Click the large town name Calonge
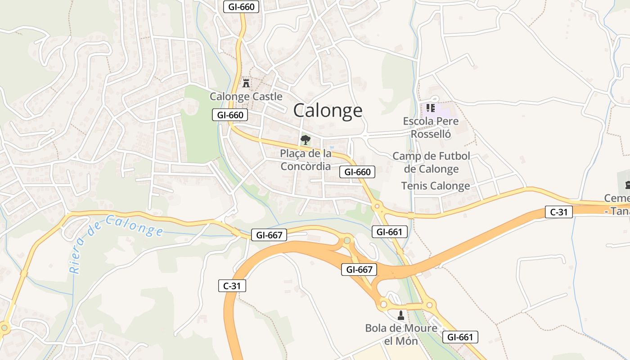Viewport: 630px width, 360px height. [x=328, y=110]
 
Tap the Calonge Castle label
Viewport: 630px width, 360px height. [x=246, y=96]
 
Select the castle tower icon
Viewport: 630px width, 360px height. [x=246, y=83]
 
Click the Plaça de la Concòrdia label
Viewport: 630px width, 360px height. [x=306, y=160]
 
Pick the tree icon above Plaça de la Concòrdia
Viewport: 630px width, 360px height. [x=306, y=139]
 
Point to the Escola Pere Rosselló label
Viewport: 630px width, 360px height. [x=431, y=127]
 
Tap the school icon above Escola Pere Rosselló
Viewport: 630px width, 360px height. [x=431, y=108]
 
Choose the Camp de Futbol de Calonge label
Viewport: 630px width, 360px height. [x=431, y=162]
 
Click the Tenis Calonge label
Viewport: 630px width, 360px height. [x=435, y=185]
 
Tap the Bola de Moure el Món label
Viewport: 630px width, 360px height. [x=401, y=334]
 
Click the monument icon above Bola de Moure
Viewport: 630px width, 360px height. [x=401, y=315]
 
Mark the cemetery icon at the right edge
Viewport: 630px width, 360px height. [x=627, y=184]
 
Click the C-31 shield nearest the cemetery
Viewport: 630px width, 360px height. [x=559, y=211]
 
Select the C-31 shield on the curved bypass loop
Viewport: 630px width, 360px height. [x=232, y=285]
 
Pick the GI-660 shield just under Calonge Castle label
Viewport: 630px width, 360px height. [x=230, y=115]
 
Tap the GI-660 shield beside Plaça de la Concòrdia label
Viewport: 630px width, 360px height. [x=357, y=171]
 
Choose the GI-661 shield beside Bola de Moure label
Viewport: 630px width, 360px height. [x=460, y=337]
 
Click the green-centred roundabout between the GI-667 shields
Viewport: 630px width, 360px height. [x=346, y=240]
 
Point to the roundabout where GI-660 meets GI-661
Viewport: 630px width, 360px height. [x=377, y=207]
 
